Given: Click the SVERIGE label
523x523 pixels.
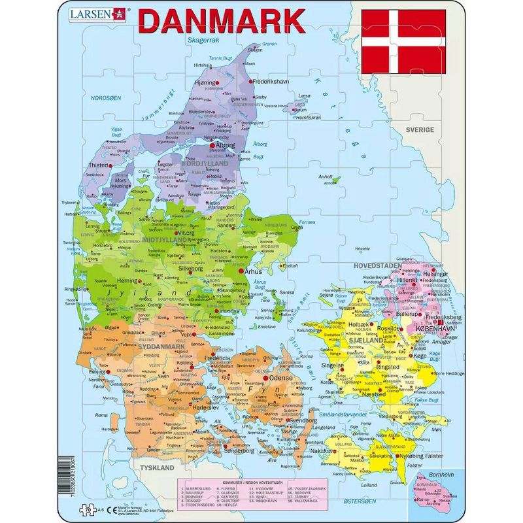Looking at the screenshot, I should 419,130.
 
